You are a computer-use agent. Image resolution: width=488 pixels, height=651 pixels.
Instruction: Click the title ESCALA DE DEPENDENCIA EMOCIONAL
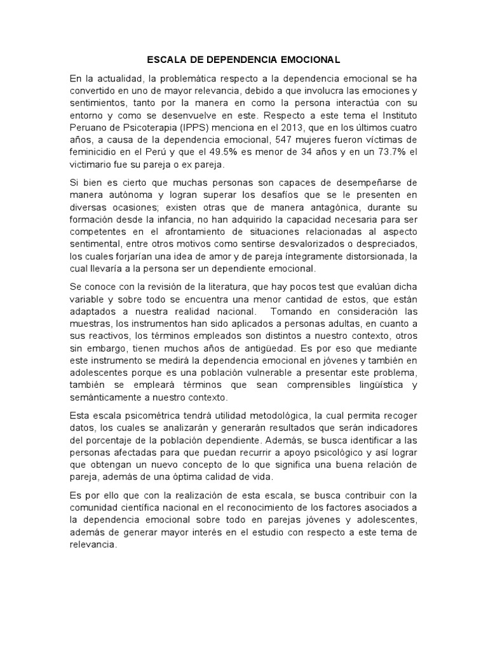click(x=243, y=60)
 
